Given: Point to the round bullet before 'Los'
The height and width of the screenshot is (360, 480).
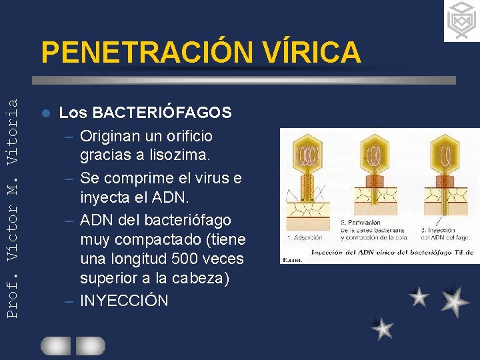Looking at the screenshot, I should [x=45, y=113].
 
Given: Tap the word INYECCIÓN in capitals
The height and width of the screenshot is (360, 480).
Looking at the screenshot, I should [x=124, y=301].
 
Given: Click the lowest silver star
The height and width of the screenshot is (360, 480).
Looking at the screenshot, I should [x=383, y=329].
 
